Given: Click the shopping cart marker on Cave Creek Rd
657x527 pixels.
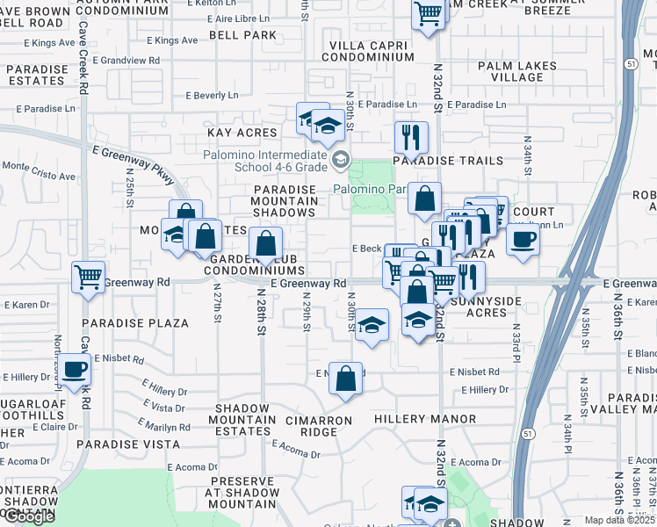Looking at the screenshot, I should click(89, 277).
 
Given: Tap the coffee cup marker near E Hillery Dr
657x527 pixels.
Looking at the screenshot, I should click(76, 369).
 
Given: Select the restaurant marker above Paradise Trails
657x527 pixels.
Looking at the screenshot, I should click(411, 136).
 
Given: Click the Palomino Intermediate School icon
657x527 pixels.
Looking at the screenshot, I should click(341, 159).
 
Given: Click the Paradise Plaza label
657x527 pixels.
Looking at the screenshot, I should click(144, 323).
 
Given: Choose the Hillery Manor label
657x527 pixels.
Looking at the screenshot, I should click(425, 420).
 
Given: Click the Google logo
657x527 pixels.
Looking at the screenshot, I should click(28, 516).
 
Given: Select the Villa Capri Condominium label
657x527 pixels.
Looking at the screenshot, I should click(367, 51).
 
